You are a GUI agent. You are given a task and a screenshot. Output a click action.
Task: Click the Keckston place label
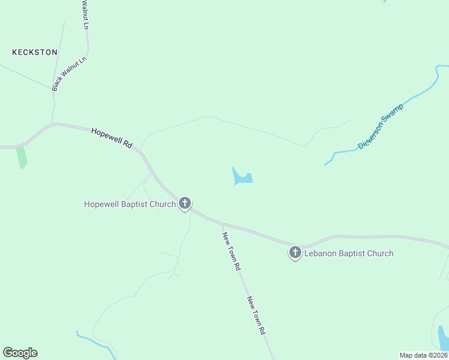[35, 52]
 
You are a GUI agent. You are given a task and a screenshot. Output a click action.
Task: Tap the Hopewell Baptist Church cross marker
[185, 203]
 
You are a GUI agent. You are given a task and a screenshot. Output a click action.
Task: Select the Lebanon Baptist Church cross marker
[295, 253]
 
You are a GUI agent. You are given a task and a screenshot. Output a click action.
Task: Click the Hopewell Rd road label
[112, 137]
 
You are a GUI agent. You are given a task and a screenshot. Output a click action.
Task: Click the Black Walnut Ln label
[69, 74]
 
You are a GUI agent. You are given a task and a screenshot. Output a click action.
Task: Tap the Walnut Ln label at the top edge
[85, 15]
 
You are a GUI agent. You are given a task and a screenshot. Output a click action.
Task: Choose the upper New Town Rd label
[231, 251]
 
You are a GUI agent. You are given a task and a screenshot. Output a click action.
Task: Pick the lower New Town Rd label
[256, 315]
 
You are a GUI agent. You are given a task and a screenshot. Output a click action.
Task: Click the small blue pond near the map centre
[242, 178]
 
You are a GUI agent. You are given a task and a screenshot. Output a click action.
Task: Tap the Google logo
[20, 353]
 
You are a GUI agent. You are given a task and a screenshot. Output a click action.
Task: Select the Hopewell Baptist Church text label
[129, 205]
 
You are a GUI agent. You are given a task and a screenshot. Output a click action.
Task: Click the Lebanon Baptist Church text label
[349, 253]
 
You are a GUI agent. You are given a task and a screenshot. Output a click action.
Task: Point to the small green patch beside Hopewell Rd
[22, 157]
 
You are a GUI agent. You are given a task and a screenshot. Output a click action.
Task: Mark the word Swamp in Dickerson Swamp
[393, 115]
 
